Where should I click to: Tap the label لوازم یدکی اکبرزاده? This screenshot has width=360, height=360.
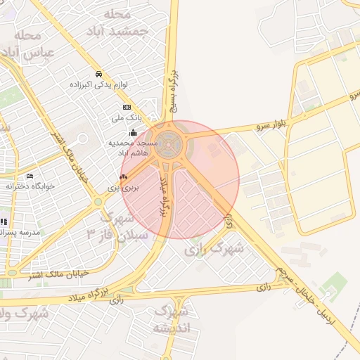click(98, 84)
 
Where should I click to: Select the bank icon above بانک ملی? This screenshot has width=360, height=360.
click(127, 107)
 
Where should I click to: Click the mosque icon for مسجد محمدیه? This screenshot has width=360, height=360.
click(133, 132)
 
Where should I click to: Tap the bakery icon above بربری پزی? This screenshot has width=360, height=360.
click(124, 177)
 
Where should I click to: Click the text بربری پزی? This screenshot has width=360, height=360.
click(128, 188)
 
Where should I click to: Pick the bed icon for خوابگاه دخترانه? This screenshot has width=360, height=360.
click(30, 176)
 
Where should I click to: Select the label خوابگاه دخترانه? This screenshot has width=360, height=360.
click(27, 186)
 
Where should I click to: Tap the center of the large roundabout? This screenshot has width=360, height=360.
click(169, 144)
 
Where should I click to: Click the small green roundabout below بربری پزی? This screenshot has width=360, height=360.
click(98, 202)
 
